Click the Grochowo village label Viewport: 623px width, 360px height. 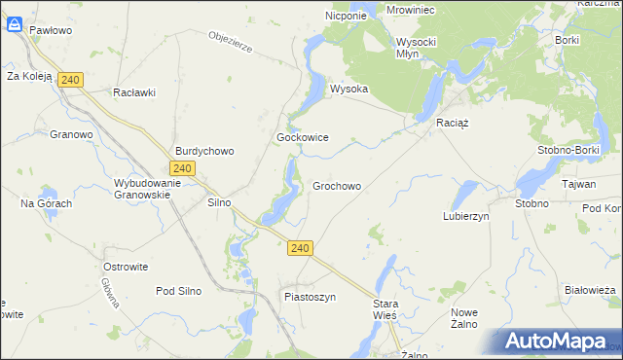[337, 186]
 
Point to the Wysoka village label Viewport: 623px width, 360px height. [348, 89]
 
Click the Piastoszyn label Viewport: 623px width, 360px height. [310, 297]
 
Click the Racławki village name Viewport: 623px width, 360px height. [134, 92]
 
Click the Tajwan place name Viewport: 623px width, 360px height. [578, 183]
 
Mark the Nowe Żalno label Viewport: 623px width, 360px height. [464, 317]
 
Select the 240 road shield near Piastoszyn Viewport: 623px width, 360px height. [300, 249]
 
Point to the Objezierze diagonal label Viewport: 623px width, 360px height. [231, 44]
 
